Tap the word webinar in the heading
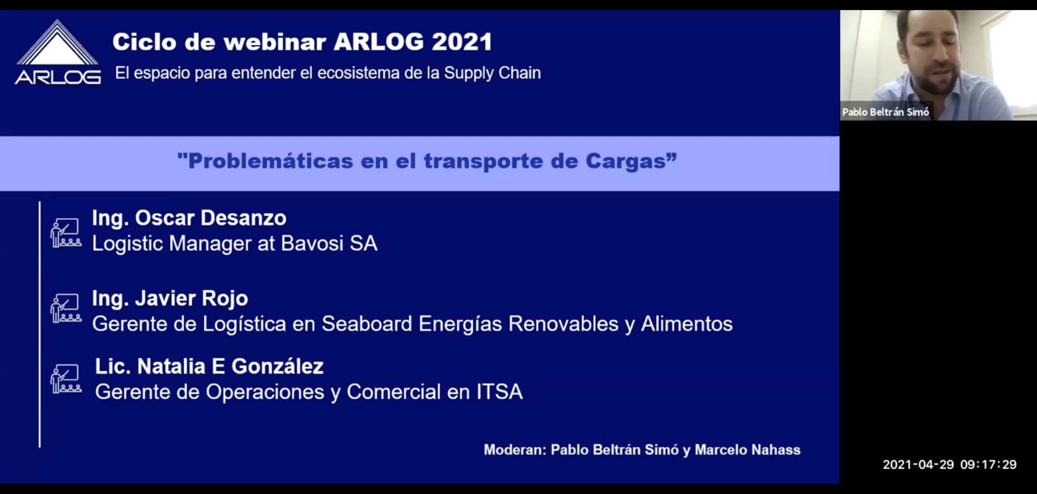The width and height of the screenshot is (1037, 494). point(275,42)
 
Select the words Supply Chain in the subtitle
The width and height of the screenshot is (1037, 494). point(492,73)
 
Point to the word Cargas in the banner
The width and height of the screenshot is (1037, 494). point(626,161)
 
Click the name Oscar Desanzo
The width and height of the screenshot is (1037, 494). point(211,218)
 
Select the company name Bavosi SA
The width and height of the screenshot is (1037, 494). point(329,243)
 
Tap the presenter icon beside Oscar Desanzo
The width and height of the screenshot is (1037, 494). point(66,233)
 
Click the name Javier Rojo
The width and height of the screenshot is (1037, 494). point(191,299)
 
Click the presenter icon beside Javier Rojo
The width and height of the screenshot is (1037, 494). point(66,308)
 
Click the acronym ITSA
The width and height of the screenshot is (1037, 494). point(499,392)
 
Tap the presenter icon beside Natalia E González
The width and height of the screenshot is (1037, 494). point(66,379)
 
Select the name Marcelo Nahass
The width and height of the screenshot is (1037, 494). point(747,450)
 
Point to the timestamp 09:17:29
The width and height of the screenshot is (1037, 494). point(989,465)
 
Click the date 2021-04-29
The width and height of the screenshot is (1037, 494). point(918,465)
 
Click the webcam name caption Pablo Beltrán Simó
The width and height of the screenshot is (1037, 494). point(885,112)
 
